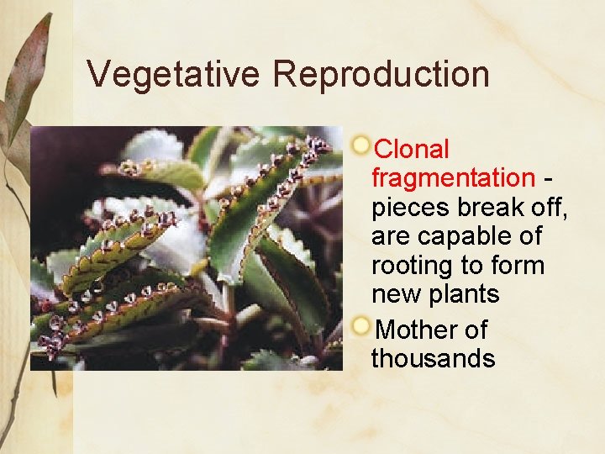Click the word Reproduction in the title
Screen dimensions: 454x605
click(381, 74)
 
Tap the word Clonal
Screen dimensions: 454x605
click(412, 150)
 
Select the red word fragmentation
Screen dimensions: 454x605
click(452, 178)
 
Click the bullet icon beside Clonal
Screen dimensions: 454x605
click(361, 145)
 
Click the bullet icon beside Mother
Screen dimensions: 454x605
click(361, 325)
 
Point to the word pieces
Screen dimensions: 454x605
click(411, 208)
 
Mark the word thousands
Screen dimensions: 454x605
click(433, 359)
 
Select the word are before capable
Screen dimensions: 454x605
click(390, 237)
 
